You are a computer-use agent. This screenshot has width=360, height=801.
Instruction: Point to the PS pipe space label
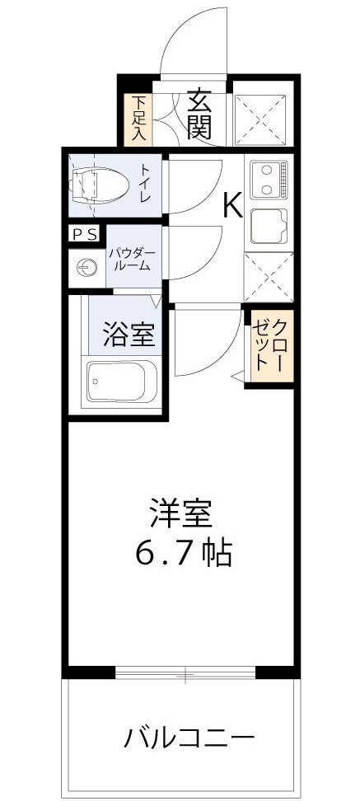[x=85, y=234]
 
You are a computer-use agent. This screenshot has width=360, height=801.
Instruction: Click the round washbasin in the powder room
[x=86, y=265]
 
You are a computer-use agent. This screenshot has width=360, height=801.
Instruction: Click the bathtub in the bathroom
[x=122, y=382]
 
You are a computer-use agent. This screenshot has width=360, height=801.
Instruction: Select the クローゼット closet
[x=269, y=348]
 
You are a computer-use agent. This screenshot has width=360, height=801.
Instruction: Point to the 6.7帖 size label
[x=182, y=552]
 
